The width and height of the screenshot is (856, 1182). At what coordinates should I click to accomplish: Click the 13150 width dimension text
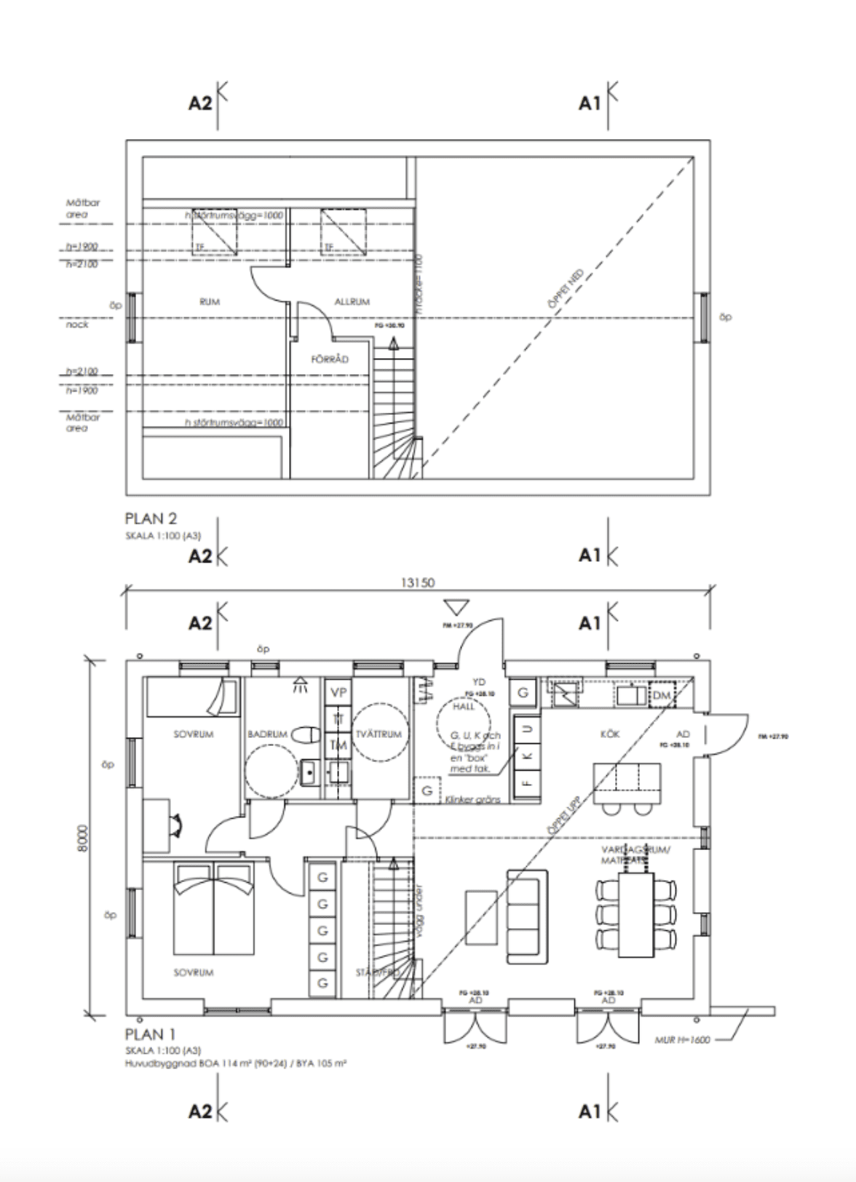point(418,582)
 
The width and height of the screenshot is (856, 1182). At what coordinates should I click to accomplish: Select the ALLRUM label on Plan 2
point(352,301)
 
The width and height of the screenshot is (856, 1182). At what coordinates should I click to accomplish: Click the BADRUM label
point(267,734)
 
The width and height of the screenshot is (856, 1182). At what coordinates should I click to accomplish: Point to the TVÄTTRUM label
point(378,734)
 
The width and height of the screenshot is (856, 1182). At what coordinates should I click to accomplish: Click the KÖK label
point(609,734)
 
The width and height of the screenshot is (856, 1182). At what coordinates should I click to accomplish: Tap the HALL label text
point(464,706)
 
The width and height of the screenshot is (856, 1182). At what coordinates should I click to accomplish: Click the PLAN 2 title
point(151,519)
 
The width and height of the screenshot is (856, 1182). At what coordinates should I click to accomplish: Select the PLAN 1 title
point(150,1034)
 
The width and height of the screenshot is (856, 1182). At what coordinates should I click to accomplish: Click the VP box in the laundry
point(338,692)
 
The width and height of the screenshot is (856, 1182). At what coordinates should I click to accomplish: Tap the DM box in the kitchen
point(661,696)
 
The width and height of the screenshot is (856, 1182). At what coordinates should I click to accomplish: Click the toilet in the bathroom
point(306,735)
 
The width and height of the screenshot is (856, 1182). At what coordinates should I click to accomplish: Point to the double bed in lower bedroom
point(213,908)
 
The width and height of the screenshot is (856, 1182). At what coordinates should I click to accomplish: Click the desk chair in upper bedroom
point(175,825)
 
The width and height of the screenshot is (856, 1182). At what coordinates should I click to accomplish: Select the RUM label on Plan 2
point(210,301)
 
